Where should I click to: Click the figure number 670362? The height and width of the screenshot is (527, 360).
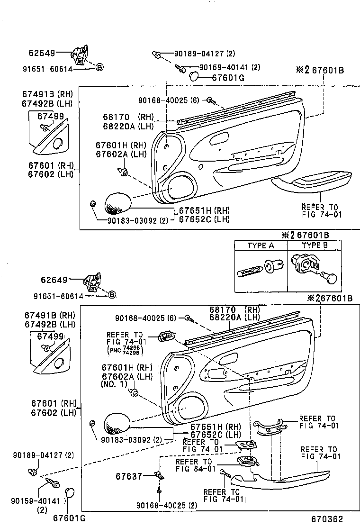click(327, 519)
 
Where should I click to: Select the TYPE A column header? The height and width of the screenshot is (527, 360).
click(261, 245)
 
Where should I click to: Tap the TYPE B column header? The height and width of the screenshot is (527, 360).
click(315, 245)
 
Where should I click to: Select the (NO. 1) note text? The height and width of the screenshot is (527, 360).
click(114, 384)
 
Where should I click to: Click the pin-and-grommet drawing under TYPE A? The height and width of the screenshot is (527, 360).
click(260, 269)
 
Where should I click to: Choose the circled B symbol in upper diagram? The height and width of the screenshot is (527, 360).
click(99, 67)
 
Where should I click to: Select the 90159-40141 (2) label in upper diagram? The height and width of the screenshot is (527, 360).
click(229, 67)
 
